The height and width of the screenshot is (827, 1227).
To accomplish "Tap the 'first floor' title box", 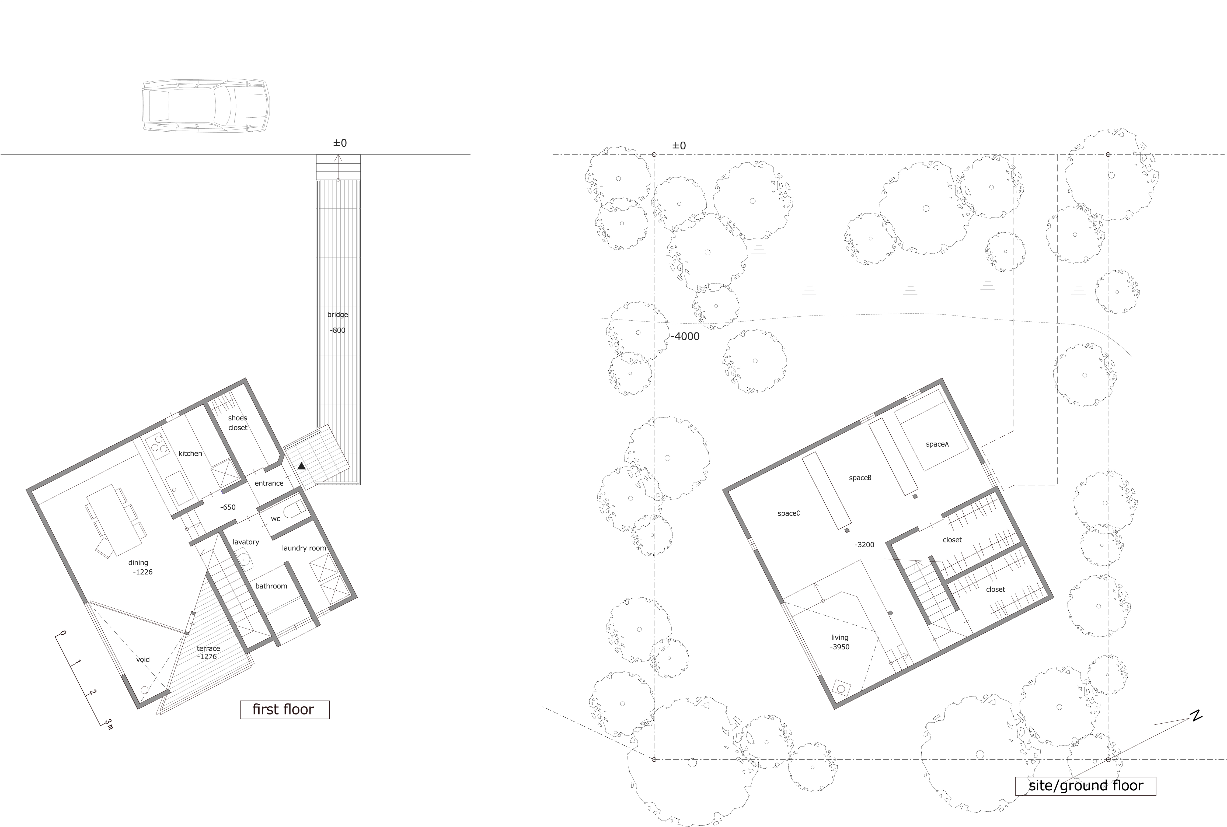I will tap(284, 710).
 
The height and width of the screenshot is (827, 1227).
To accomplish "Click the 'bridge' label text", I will tap(338, 315).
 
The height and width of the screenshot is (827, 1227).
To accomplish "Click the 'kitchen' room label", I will tap(190, 454).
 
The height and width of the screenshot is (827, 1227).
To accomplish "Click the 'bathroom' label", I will tap(271, 586).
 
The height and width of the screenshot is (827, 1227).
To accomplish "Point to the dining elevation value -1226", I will tap(143, 572).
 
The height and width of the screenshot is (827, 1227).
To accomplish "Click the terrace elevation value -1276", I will tap(207, 657).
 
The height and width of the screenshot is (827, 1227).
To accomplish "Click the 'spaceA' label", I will tap(937, 445).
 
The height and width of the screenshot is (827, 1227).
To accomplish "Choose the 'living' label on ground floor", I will tap(840, 638).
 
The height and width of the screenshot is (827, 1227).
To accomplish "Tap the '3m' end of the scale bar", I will tap(109, 724).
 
